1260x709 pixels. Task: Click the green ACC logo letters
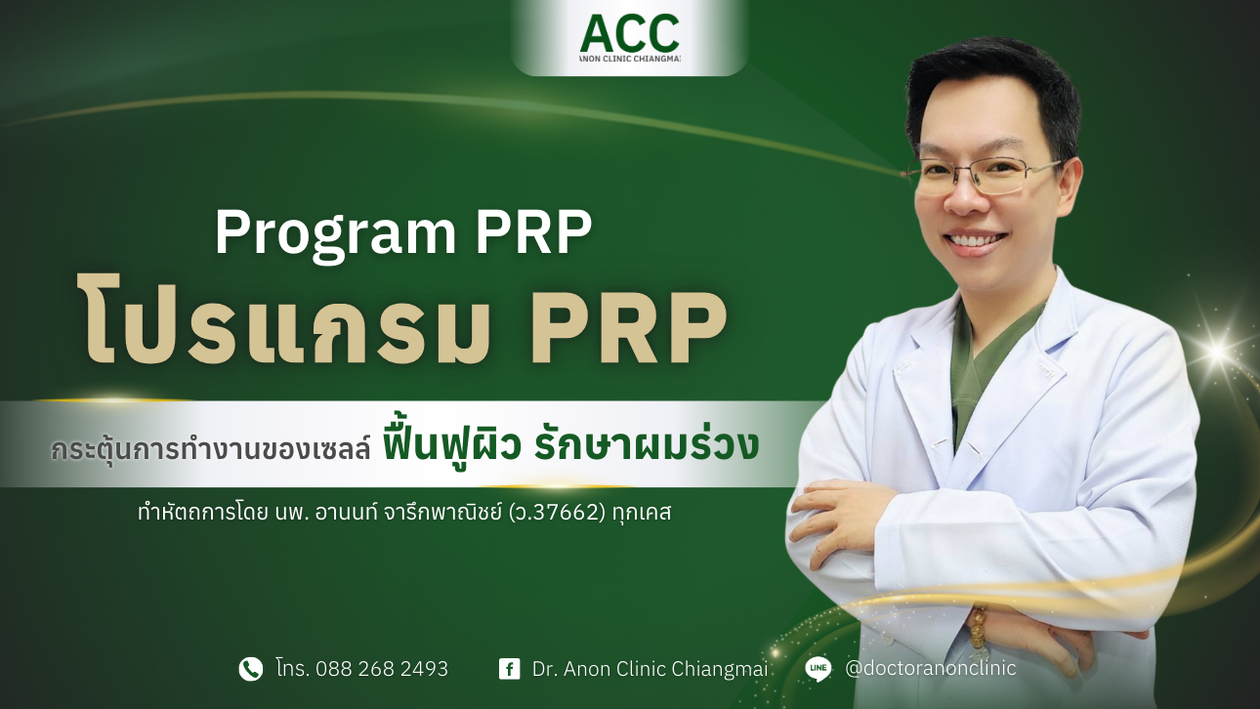(629, 33)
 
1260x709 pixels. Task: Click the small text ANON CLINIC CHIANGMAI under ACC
(629, 59)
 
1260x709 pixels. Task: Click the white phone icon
(251, 669)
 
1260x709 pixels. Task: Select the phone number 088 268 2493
(388, 669)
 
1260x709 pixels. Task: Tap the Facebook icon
(509, 669)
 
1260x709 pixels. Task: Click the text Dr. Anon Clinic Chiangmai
(650, 669)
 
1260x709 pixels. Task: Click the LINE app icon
(819, 669)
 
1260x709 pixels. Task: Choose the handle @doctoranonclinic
(930, 669)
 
